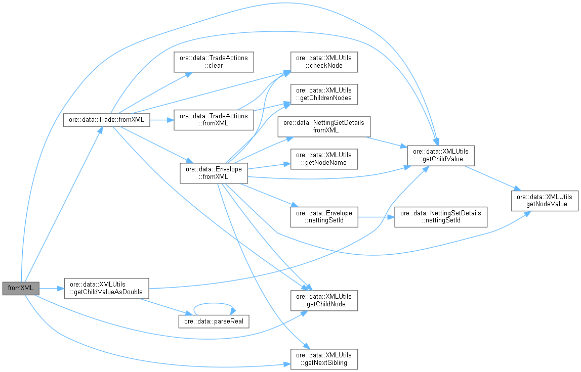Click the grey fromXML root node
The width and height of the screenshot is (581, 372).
21,288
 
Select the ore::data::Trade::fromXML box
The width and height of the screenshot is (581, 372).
106,120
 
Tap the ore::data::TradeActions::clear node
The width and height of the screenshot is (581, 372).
213,62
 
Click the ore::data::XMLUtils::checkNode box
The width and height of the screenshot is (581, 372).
324,62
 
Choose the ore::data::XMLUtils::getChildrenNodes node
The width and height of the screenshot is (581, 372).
324,94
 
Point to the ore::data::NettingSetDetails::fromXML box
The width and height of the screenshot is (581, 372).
324,126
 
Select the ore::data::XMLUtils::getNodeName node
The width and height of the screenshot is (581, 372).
324,158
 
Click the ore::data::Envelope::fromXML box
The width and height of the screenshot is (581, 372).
213,172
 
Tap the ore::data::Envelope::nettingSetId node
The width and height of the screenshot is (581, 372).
324,216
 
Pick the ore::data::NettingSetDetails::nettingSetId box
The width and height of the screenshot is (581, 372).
441,216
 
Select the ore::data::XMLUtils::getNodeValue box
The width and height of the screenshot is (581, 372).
545,200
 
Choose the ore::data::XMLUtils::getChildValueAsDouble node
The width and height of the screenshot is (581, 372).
106,288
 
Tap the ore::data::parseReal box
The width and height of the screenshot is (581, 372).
214,321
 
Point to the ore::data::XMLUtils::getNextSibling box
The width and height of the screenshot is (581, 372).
324,358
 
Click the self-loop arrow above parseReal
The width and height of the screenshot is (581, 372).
214,304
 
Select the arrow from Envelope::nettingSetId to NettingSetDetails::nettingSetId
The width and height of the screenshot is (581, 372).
376,216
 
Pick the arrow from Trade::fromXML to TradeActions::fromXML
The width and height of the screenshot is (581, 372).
162,120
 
